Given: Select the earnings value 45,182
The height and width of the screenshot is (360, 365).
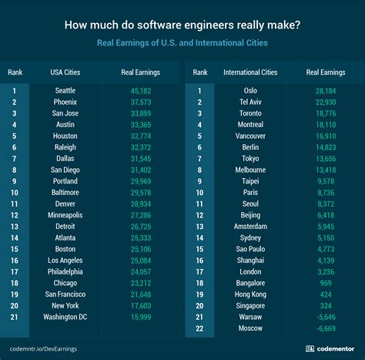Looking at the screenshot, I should (141, 90).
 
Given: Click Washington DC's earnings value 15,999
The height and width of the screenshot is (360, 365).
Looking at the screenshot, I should (141, 317).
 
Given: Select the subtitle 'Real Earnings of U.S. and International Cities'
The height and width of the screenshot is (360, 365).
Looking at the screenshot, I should (182, 43).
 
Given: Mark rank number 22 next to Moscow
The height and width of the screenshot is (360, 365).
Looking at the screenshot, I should (200, 328).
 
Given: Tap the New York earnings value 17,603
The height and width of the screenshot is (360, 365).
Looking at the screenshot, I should (141, 305).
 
